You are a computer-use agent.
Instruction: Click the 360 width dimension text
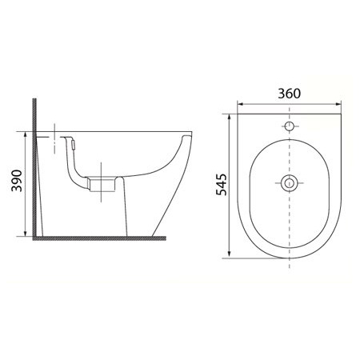tap(290, 94)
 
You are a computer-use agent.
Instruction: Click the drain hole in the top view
tap(290, 183)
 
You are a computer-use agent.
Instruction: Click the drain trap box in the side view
tap(99, 183)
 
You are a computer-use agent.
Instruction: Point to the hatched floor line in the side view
tap(96, 239)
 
